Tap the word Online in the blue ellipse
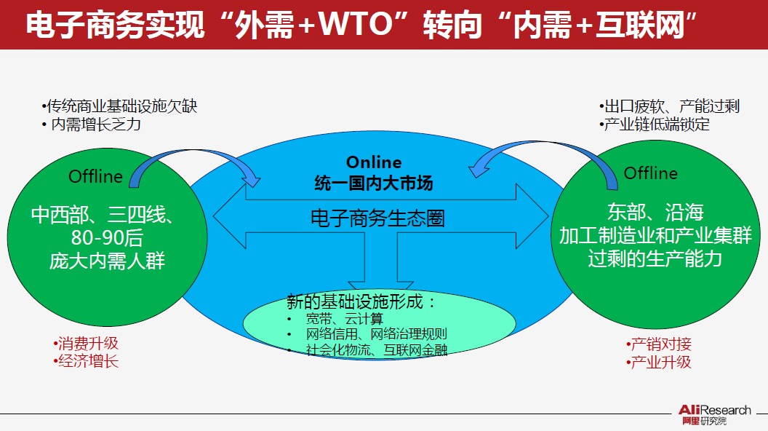tap(373, 162)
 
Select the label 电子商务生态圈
tap(377, 218)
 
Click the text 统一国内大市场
tap(373, 182)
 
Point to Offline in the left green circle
tap(96, 176)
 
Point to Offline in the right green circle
tap(650, 173)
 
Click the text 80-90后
tap(108, 238)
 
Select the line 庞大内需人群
tap(108, 261)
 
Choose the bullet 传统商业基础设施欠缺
tap(119, 106)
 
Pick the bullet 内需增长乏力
tap(92, 124)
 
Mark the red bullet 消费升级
tap(86, 343)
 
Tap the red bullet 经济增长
tap(86, 361)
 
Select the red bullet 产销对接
tap(659, 344)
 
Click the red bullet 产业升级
tap(659, 362)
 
